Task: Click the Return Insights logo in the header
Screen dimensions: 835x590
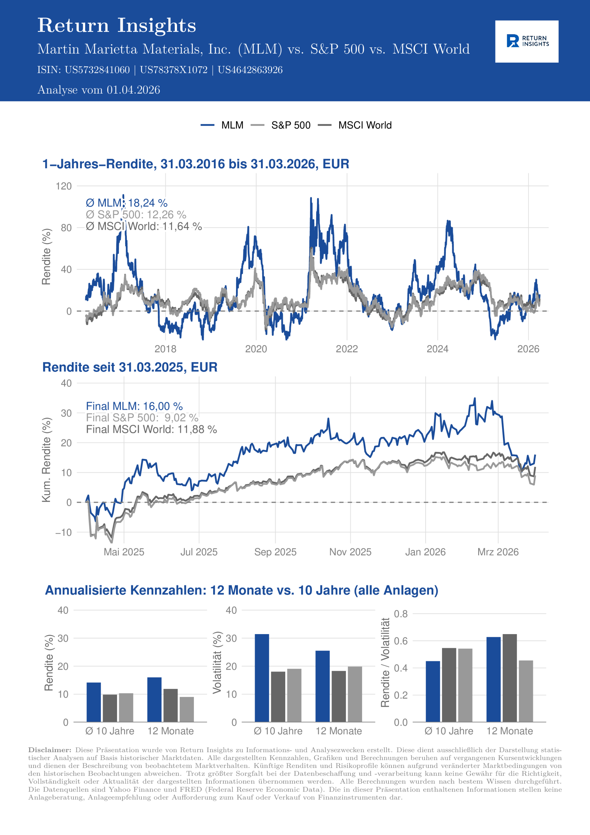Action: tap(526, 41)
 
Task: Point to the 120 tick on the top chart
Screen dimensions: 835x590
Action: tap(64, 186)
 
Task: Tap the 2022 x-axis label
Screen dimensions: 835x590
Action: tap(347, 349)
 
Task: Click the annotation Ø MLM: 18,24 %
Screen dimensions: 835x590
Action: tap(126, 203)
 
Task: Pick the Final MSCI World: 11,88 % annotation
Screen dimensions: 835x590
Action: tap(151, 429)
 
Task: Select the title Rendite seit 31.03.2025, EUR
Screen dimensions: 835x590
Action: tap(130, 367)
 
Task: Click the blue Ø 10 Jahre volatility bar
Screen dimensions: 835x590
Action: tap(262, 678)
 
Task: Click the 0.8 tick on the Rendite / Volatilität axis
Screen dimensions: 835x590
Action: tap(401, 614)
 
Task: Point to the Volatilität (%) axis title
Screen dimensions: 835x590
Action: tap(217, 662)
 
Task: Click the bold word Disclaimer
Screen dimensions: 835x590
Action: tap(50, 750)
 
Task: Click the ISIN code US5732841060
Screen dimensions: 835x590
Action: tap(97, 70)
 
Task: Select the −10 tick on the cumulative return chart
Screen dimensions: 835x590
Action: tap(64, 532)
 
